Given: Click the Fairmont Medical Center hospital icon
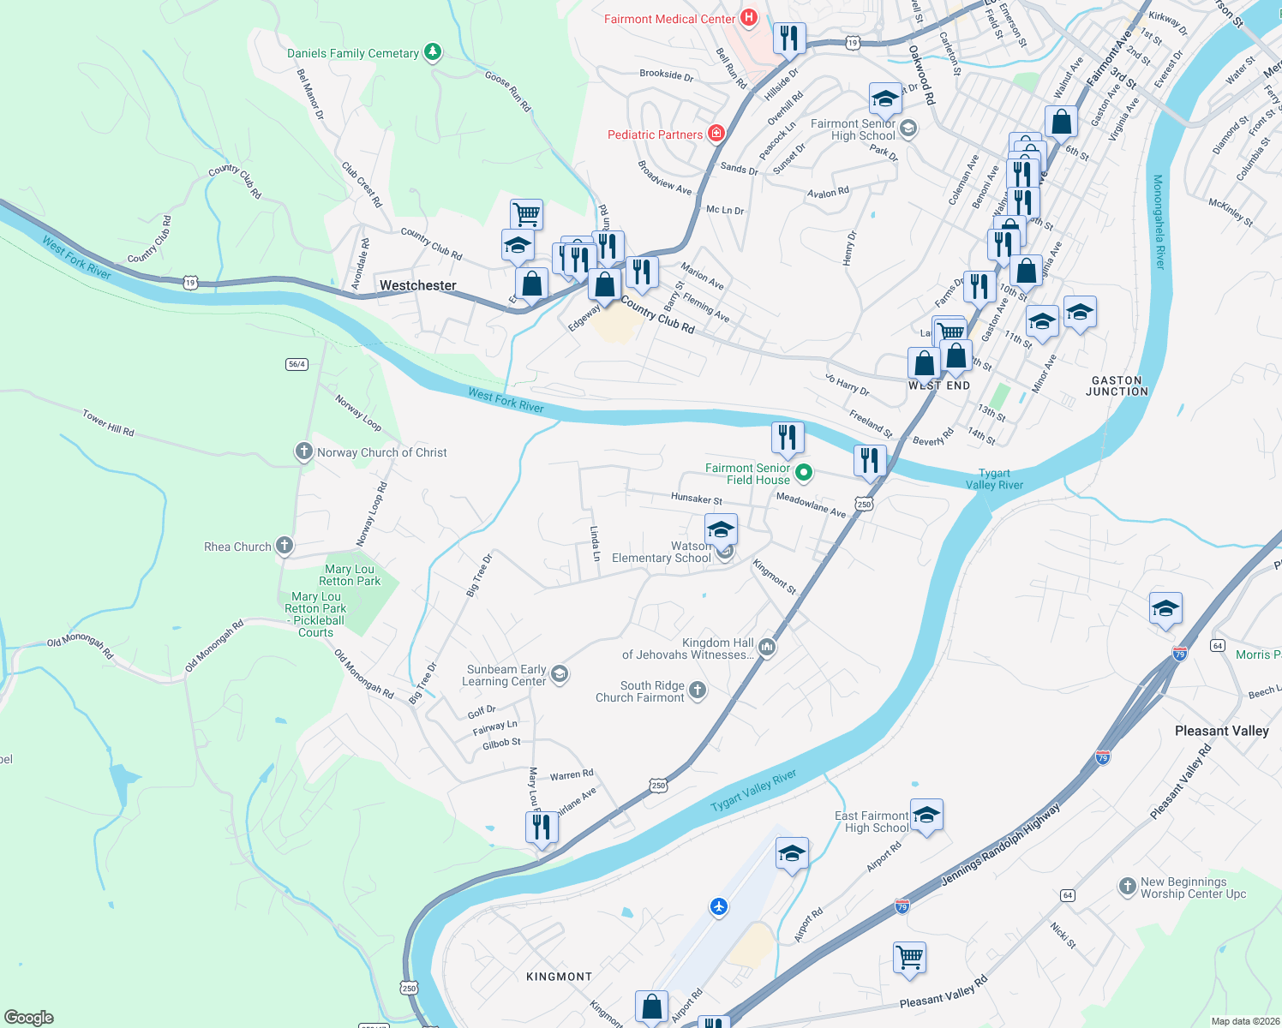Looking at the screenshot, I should click(x=749, y=18).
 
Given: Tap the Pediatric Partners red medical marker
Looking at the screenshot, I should click(x=716, y=134).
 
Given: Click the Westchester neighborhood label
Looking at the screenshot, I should click(x=417, y=285).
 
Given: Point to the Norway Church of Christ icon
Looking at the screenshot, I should click(x=303, y=451).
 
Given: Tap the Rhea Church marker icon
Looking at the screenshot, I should click(x=284, y=546).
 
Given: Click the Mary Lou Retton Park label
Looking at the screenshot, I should click(x=351, y=575).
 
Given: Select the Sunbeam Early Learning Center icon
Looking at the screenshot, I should click(x=560, y=674).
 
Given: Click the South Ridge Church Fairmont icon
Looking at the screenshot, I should click(x=698, y=690).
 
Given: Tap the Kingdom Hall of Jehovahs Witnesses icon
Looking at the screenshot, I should click(x=767, y=648).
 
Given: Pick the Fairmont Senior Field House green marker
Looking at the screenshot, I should click(x=804, y=473).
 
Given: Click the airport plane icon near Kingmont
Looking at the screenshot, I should click(x=718, y=906).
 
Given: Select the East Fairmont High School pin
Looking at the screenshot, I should click(x=926, y=816).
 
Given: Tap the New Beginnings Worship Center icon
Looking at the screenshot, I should click(x=1127, y=887).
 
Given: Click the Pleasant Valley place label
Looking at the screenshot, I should click(x=1221, y=731).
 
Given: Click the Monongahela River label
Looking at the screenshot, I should click(x=1159, y=222).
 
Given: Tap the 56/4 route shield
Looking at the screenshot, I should click(x=297, y=364).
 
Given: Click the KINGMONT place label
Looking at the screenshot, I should click(x=559, y=977).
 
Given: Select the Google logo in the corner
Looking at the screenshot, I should click(x=28, y=1018).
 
